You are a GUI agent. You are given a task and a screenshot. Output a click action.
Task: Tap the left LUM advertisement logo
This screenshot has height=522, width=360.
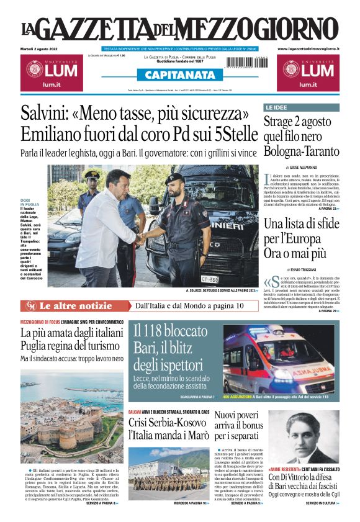click(50, 71)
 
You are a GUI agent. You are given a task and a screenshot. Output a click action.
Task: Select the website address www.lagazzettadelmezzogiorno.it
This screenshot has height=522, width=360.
click(308, 48)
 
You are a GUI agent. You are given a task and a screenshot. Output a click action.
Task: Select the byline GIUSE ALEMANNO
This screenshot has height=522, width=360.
click(302, 168)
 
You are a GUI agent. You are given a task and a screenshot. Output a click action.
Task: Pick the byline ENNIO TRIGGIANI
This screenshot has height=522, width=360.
click(302, 269)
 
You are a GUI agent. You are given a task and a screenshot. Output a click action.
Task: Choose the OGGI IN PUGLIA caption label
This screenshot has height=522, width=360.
click(30, 202)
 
